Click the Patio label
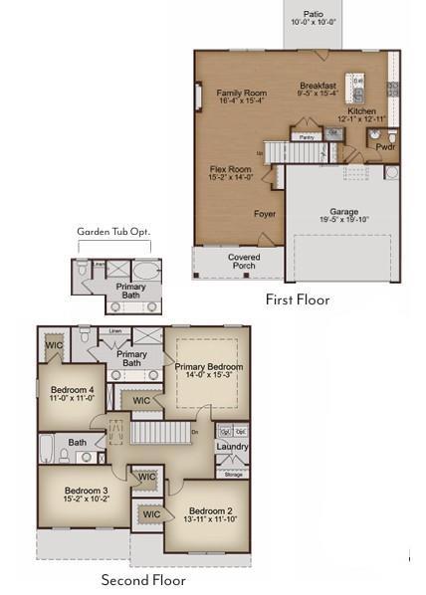pyautogui.click(x=314, y=13)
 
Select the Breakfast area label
pyautogui.click(x=319, y=87)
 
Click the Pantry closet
pyautogui.click(x=307, y=137)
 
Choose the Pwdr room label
pyautogui.click(x=385, y=145)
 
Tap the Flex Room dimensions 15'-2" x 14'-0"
pyautogui.click(x=230, y=178)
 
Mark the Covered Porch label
pyautogui.click(x=243, y=261)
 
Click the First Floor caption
pyautogui.click(x=297, y=298)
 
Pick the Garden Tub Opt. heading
pyautogui.click(x=113, y=232)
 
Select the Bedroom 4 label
pyautogui.click(x=73, y=390)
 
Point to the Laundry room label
pyautogui.click(x=231, y=447)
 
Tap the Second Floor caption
pyautogui.click(x=143, y=580)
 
